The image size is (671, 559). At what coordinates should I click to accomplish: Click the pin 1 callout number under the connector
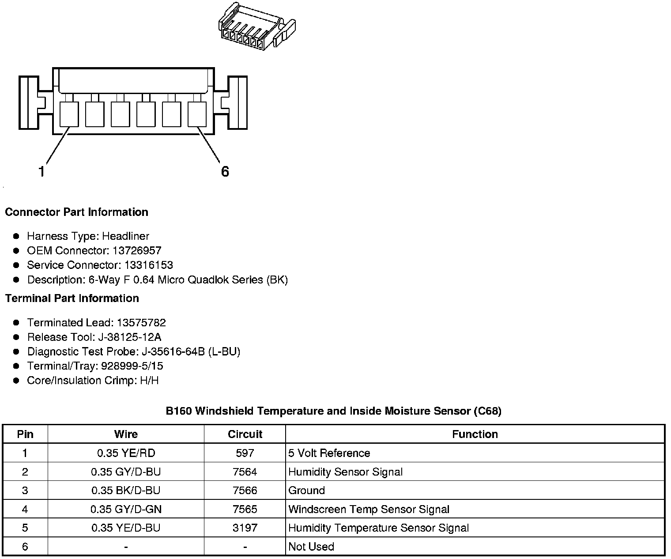click(41, 171)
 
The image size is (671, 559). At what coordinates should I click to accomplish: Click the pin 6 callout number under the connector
click(225, 171)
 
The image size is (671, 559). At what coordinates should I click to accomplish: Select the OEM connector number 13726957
click(137, 251)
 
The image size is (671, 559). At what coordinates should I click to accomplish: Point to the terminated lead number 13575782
click(141, 323)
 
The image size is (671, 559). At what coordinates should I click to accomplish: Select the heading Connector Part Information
click(76, 212)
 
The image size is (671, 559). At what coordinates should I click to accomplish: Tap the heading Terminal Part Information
click(72, 298)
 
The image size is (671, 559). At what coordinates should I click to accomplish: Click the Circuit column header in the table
click(245, 434)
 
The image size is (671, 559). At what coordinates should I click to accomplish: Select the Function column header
click(475, 434)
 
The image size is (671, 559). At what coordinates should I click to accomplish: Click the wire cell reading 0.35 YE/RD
click(126, 453)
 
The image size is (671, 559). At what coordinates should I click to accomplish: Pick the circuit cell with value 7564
click(245, 472)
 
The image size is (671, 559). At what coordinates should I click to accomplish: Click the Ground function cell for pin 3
click(306, 491)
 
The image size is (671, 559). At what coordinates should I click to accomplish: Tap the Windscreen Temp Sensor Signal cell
click(369, 510)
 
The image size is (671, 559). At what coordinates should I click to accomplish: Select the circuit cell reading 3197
click(245, 528)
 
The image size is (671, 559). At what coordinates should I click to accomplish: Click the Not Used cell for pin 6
click(311, 547)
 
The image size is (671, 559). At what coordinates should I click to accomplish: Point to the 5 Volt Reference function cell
click(329, 453)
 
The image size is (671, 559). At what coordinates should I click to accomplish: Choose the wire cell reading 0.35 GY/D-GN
click(126, 510)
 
